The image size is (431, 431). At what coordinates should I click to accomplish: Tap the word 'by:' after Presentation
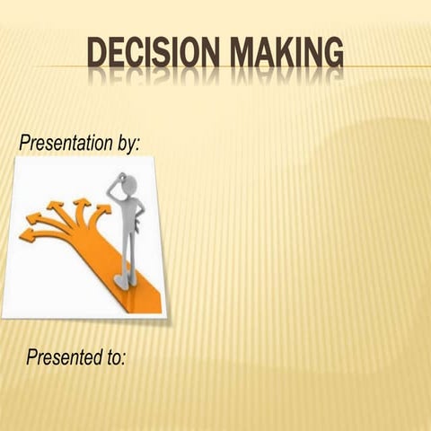[128, 144]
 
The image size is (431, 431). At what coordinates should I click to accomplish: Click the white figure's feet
[126, 281]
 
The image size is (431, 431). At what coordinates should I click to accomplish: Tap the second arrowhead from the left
[39, 218]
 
